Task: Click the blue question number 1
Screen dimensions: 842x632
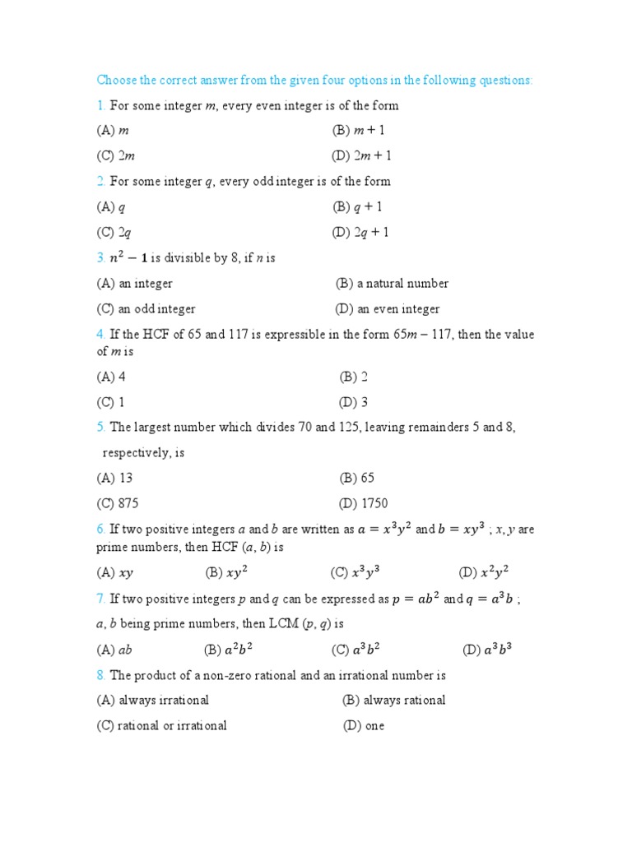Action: point(100,105)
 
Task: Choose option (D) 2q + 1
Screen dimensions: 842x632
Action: point(360,233)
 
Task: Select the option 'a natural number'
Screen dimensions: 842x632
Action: point(392,284)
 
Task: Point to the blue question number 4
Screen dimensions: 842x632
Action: point(100,335)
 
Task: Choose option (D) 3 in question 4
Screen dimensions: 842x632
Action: point(353,403)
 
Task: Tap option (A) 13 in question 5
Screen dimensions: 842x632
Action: point(114,478)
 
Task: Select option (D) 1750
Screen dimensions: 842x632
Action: point(363,503)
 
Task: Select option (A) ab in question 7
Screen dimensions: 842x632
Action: point(114,650)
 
